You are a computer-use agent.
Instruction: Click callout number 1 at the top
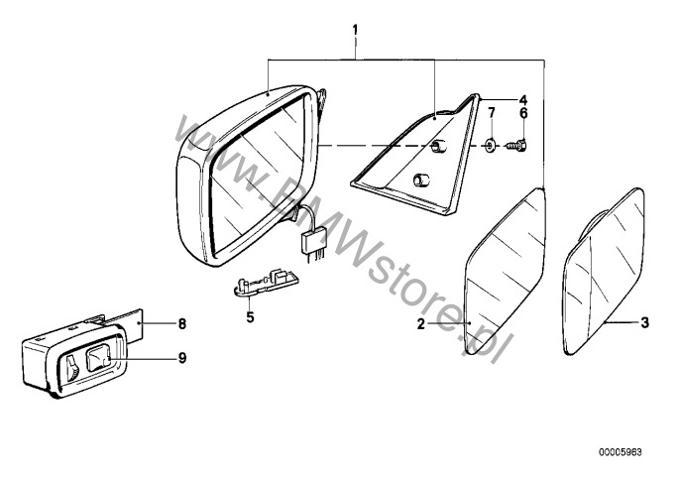coord(355,30)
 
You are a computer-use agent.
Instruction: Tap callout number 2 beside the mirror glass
coord(420,323)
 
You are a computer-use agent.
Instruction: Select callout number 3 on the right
coord(645,322)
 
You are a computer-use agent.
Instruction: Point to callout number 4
coord(523,99)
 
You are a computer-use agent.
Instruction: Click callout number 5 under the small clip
coord(250,316)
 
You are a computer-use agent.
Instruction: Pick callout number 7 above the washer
coord(491,113)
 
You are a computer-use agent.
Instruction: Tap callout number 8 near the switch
coord(182,323)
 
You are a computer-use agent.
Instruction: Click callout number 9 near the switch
coord(182,358)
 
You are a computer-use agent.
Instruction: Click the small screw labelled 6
coord(517,146)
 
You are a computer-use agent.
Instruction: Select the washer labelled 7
coord(491,145)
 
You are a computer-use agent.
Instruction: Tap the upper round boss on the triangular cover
coord(437,147)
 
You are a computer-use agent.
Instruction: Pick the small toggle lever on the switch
coord(72,368)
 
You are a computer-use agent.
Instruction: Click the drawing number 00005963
coord(621,452)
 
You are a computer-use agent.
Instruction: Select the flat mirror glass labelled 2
coord(505,272)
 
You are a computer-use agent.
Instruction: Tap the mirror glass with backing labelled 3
coord(604,271)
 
